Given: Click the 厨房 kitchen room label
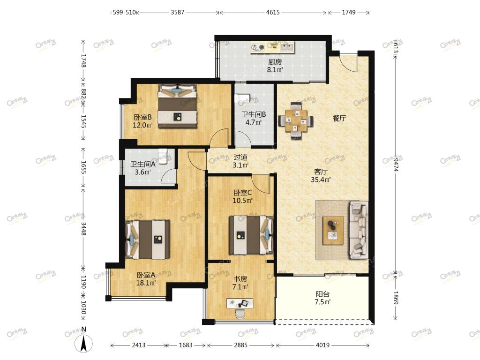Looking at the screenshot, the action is pyautogui.click(x=275, y=61).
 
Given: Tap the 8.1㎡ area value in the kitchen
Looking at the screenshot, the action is pyautogui.click(x=275, y=70).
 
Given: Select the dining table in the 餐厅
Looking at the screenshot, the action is pyautogui.click(x=296, y=120).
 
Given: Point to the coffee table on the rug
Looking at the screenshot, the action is pyautogui.click(x=333, y=230).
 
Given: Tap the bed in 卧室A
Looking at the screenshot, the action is pyautogui.click(x=147, y=240).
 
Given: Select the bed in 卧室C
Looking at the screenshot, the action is pyautogui.click(x=251, y=235).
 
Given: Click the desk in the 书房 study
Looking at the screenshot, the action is pyautogui.click(x=240, y=303).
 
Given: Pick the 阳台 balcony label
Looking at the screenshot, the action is pyautogui.click(x=322, y=294).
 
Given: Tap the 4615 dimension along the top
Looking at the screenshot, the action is pyautogui.click(x=273, y=13).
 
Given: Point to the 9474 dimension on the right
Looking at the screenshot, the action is pyautogui.click(x=396, y=164).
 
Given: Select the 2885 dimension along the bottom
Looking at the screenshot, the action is pyautogui.click(x=240, y=345).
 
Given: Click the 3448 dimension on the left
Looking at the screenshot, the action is pyautogui.click(x=83, y=228).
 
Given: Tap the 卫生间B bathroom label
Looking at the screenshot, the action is pyautogui.click(x=254, y=114).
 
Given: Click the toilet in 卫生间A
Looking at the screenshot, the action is pyautogui.click(x=163, y=156).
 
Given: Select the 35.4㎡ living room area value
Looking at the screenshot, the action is pyautogui.click(x=321, y=180).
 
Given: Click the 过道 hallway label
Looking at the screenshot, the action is pyautogui.click(x=240, y=157).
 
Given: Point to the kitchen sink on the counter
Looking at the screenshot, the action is pyautogui.click(x=287, y=47).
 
